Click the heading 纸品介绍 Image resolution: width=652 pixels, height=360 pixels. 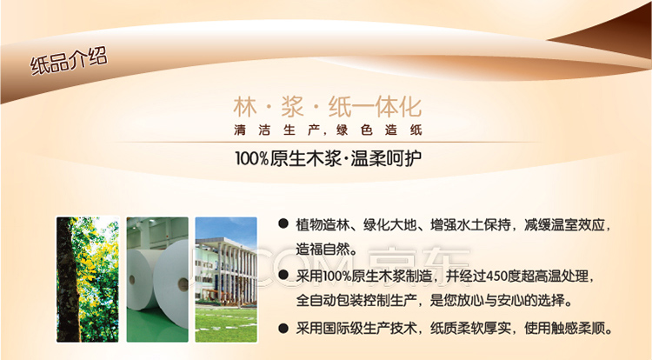(x=69, y=61)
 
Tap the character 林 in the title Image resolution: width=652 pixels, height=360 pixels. (x=245, y=107)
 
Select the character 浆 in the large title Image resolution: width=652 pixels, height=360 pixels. (x=292, y=107)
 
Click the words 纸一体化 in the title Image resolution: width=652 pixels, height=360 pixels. (x=375, y=107)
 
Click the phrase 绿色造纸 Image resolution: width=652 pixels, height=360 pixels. (x=379, y=130)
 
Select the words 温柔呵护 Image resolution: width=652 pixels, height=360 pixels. (x=386, y=158)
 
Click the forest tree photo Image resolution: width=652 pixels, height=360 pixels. (x=88, y=279)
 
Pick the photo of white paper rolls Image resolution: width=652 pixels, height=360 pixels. (x=157, y=279)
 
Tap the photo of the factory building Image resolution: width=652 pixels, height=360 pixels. (x=226, y=279)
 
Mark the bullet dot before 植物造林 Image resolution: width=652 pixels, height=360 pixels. (x=283, y=224)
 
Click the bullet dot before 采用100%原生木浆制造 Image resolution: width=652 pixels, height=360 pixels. (x=283, y=275)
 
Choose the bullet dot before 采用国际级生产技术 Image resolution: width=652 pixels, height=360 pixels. (x=283, y=329)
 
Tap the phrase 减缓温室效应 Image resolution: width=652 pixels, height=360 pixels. (x=564, y=225)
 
